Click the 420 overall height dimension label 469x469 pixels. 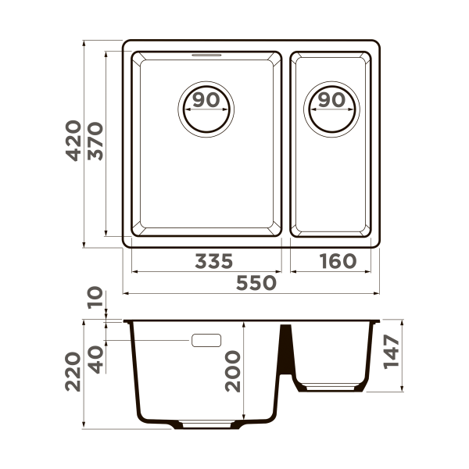tap(73, 141)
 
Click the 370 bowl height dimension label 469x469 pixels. tap(95, 141)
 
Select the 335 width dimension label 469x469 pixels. tap(213, 261)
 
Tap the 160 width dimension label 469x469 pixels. tap(336, 261)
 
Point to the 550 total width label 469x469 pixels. tap(256, 283)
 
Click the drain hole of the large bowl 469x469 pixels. tap(206, 107)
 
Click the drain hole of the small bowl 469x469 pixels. tap(332, 107)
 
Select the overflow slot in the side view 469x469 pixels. tap(206, 340)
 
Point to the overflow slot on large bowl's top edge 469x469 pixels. tap(206, 55)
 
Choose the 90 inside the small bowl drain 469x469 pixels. tap(332, 99)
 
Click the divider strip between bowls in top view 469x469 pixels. tap(285, 145)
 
